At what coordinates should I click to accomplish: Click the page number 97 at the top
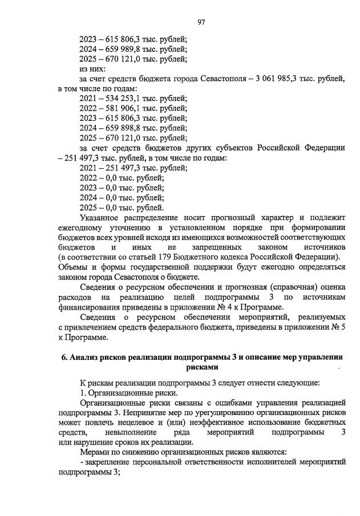tap(201, 22)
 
